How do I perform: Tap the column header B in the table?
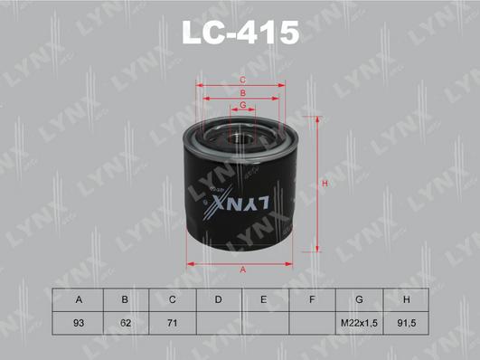coord(125,299)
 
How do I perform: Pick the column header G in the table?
coord(360,299)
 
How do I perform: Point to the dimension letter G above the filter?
coord(242,105)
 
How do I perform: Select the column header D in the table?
coord(219,299)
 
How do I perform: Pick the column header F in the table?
coord(313,299)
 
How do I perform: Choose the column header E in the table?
coord(266,299)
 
